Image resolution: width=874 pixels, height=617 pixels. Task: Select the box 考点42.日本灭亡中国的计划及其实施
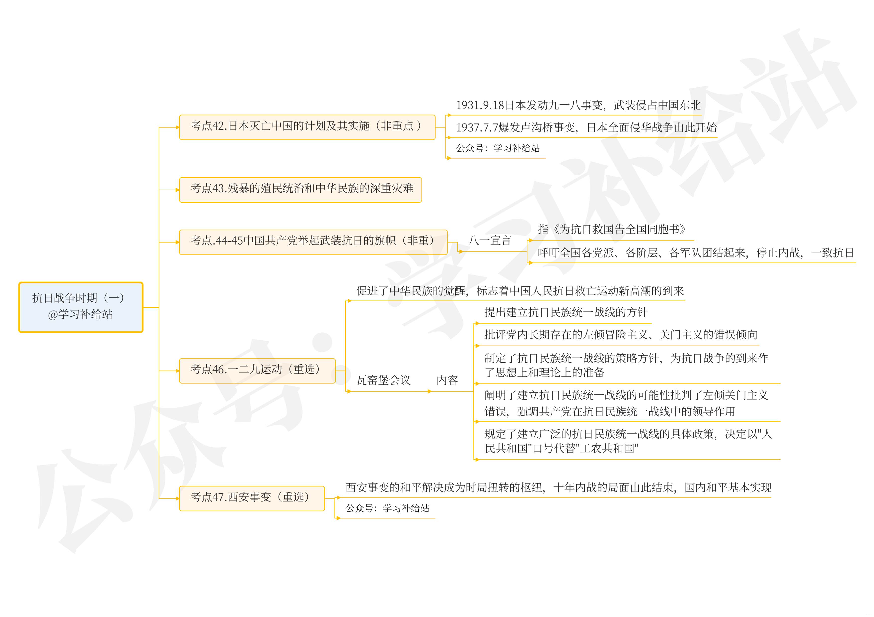307,127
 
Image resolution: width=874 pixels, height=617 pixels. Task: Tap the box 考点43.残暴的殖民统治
300,189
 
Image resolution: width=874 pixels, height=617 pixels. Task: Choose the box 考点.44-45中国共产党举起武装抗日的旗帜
313,242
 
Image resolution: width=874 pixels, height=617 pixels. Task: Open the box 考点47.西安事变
252,498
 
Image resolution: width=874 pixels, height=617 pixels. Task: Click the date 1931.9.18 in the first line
480,105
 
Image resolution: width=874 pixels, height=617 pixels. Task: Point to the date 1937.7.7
477,128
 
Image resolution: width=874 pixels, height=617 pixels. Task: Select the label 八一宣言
490,241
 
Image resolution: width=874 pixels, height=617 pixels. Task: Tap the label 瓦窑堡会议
383,380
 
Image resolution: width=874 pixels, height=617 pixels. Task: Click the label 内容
447,380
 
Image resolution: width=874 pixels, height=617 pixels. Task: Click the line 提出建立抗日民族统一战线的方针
566,312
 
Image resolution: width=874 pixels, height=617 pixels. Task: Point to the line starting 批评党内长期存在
620,335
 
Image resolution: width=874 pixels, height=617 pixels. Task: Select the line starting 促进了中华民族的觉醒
520,291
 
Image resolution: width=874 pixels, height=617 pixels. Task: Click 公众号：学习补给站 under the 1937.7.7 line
498,148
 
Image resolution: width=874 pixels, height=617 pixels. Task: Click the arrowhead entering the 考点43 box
177,190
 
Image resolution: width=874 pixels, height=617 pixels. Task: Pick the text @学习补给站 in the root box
80,314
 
